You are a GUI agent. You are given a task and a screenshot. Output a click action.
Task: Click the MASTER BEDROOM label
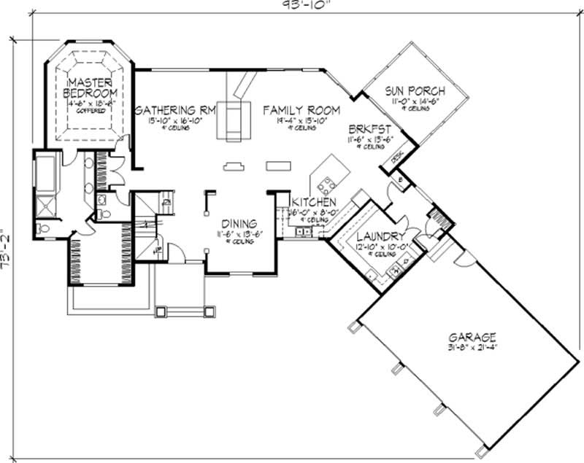90,87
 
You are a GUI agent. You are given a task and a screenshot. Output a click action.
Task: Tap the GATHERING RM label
174,110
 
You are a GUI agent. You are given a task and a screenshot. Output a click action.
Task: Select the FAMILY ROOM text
301,110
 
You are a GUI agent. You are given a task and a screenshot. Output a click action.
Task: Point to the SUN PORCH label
414,90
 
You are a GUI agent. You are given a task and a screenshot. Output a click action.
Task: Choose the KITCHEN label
313,202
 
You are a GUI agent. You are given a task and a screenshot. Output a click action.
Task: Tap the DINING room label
235,224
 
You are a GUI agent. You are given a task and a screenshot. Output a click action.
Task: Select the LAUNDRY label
379,237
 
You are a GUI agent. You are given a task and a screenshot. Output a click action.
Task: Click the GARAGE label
472,338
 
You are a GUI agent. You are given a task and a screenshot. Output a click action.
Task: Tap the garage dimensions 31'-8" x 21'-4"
472,349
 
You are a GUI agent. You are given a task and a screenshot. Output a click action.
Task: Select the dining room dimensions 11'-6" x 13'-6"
235,234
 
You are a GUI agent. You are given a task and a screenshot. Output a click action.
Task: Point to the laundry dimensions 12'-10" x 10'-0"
379,247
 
